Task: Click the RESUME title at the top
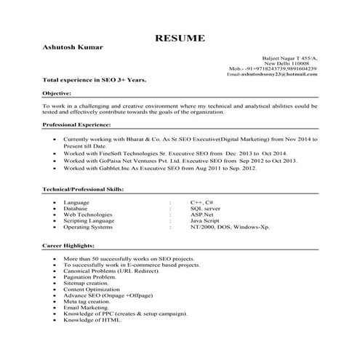pos(180,37)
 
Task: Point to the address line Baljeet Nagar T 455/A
pos(289,57)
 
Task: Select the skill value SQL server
pos(205,209)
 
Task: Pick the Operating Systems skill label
pos(90,228)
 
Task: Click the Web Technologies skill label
pos(88,215)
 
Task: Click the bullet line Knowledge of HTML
pos(92,320)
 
